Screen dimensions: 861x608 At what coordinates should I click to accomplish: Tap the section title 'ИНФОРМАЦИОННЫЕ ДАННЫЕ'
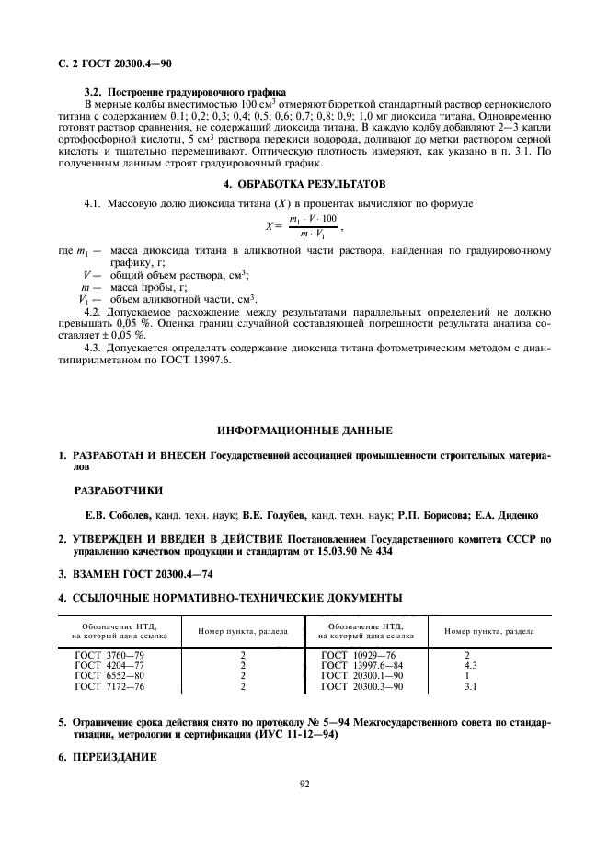tap(304, 430)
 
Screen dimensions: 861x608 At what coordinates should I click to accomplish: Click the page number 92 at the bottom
tap(304, 785)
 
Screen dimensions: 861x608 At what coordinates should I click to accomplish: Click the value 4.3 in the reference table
tap(470, 666)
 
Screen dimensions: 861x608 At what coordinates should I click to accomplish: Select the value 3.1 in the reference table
tap(470, 686)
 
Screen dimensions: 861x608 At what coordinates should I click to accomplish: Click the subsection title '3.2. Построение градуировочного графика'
tap(184, 93)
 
